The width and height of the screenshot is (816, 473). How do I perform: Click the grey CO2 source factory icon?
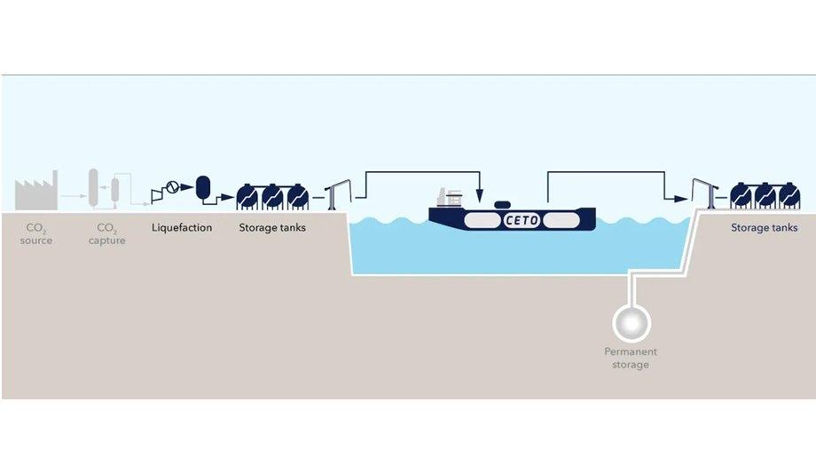(x=35, y=192)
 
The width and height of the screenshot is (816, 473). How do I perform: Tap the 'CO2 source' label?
(x=35, y=234)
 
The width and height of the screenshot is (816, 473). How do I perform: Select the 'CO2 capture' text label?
(x=106, y=234)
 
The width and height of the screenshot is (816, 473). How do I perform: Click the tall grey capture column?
(x=93, y=187)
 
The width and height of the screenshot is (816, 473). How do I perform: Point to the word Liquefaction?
(x=182, y=228)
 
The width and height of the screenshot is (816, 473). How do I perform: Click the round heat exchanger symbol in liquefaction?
(x=172, y=186)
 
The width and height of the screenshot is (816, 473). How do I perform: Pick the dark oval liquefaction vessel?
(x=203, y=187)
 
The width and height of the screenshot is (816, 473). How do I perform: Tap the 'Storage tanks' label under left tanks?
(x=272, y=228)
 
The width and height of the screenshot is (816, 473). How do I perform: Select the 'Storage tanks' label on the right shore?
(x=764, y=228)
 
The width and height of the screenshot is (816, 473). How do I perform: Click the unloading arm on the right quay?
(x=705, y=193)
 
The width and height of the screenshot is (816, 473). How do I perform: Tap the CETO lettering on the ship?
(x=522, y=220)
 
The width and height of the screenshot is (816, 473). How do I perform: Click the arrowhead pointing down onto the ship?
(x=479, y=196)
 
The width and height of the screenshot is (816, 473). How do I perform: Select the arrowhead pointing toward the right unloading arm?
(x=681, y=199)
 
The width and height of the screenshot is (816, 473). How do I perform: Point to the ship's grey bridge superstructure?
(x=450, y=197)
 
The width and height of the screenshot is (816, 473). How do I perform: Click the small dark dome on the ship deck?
(x=501, y=205)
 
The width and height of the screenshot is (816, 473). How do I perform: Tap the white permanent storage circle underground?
(x=632, y=323)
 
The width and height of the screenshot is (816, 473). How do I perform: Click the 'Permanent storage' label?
(x=631, y=358)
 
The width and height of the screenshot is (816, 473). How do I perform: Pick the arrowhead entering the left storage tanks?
(x=227, y=197)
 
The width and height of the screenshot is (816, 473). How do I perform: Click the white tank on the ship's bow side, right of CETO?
(x=561, y=220)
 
